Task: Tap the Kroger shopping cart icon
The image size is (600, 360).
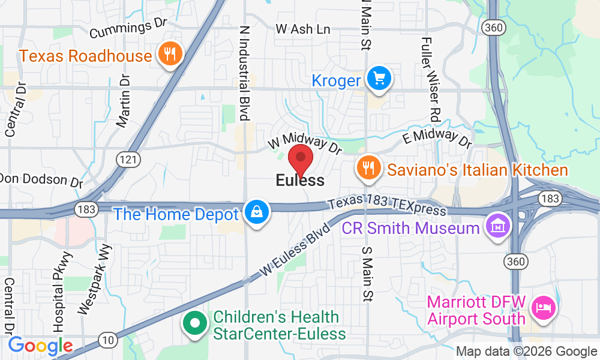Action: pyautogui.click(x=379, y=79)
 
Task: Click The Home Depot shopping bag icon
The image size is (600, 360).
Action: pyautogui.click(x=257, y=214)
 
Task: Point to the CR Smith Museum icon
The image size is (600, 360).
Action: pyautogui.click(x=498, y=228)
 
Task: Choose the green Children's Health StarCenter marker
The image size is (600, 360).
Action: pyautogui.click(x=194, y=325)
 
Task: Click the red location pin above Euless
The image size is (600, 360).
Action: pyautogui.click(x=301, y=161)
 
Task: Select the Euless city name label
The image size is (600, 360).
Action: pyautogui.click(x=300, y=180)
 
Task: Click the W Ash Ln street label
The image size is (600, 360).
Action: pyautogui.click(x=303, y=29)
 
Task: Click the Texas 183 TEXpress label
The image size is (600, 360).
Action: pyautogui.click(x=387, y=206)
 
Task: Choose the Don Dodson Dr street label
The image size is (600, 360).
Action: pyautogui.click(x=41, y=179)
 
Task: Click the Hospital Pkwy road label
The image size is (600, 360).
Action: pyautogui.click(x=62, y=292)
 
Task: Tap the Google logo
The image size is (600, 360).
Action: pyautogui.click(x=40, y=346)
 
